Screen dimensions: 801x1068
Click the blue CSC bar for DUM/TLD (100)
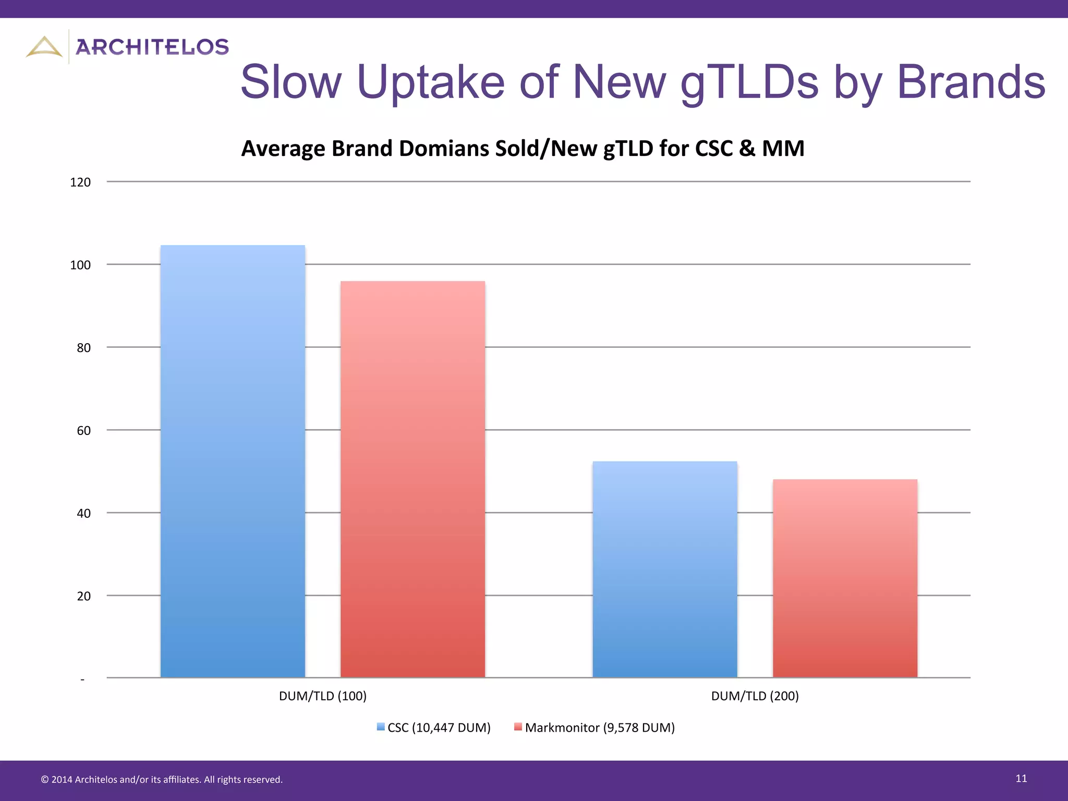pos(233,462)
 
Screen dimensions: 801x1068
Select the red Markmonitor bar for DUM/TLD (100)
pos(412,480)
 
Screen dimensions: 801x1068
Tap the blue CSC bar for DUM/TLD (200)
pos(665,569)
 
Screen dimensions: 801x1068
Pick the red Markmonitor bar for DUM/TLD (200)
pos(845,578)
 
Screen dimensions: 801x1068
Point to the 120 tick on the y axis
pos(80,183)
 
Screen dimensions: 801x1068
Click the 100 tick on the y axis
pos(80,265)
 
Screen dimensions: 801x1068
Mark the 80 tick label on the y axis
pos(83,348)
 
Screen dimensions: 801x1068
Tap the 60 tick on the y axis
pos(83,431)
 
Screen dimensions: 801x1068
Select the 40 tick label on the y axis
pos(83,514)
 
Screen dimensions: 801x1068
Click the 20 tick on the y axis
pos(83,596)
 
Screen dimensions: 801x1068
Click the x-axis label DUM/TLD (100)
pos(323,696)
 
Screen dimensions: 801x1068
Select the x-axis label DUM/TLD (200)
pos(755,696)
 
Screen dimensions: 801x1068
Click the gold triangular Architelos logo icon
pos(44,47)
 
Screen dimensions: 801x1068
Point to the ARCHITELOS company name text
pos(152,47)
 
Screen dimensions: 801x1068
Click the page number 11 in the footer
pos(1021,779)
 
